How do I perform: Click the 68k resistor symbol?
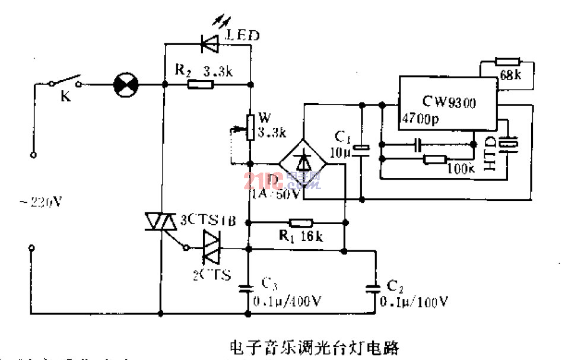[507, 60]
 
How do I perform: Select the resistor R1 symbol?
[301, 223]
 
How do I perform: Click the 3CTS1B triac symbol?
[160, 222]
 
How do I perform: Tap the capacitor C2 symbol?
[374, 289]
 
